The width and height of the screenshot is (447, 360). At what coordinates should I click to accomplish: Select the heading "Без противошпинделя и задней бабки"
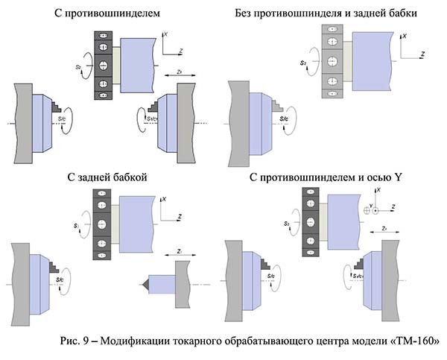[x=325, y=13]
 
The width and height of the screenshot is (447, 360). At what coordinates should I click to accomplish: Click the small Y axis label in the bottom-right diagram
[x=370, y=203]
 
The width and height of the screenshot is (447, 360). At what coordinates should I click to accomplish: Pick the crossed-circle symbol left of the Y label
[x=367, y=211]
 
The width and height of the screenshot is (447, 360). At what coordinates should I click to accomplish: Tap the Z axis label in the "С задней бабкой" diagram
[x=180, y=216]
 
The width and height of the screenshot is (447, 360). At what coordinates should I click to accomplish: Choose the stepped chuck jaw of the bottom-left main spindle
[x=53, y=264]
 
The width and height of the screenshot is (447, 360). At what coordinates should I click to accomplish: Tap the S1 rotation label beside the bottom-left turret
[x=77, y=224]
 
